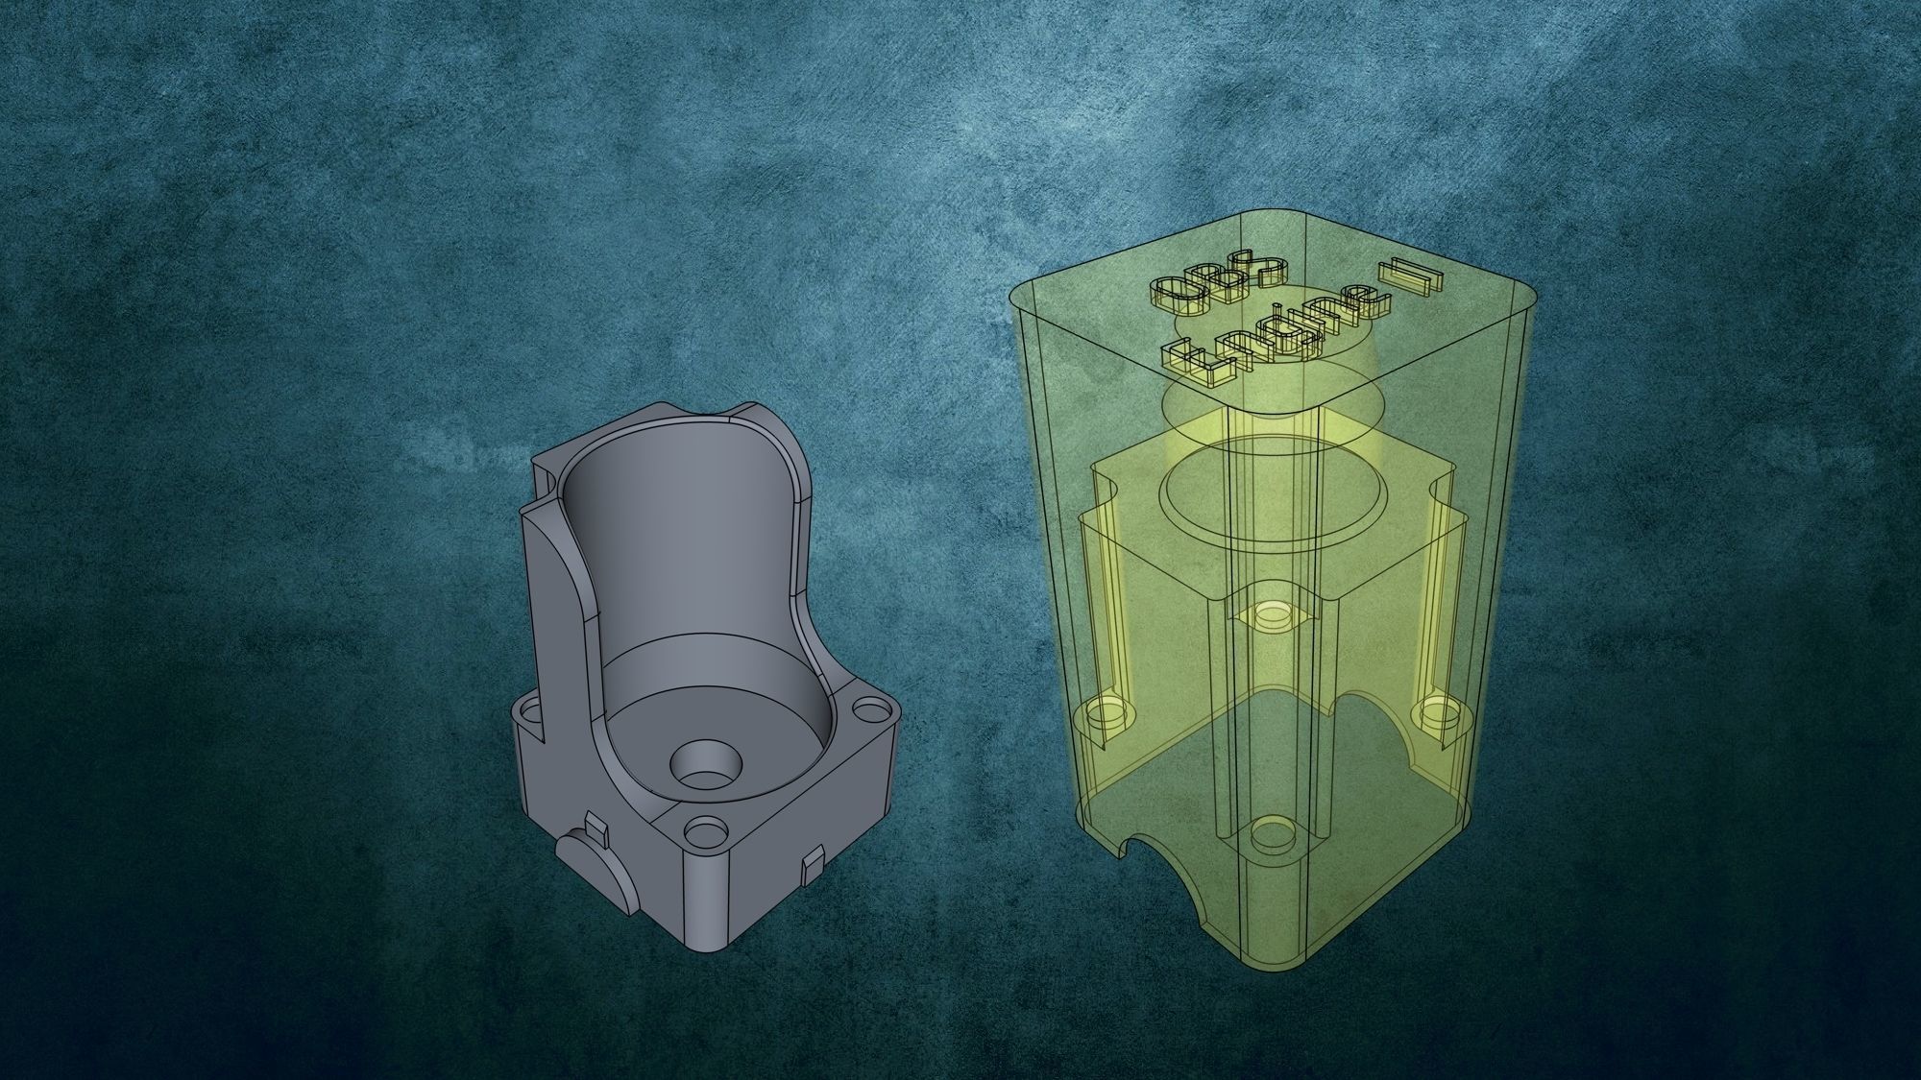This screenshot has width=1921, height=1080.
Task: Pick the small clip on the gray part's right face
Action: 813,867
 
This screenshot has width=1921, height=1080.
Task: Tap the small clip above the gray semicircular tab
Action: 595,826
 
